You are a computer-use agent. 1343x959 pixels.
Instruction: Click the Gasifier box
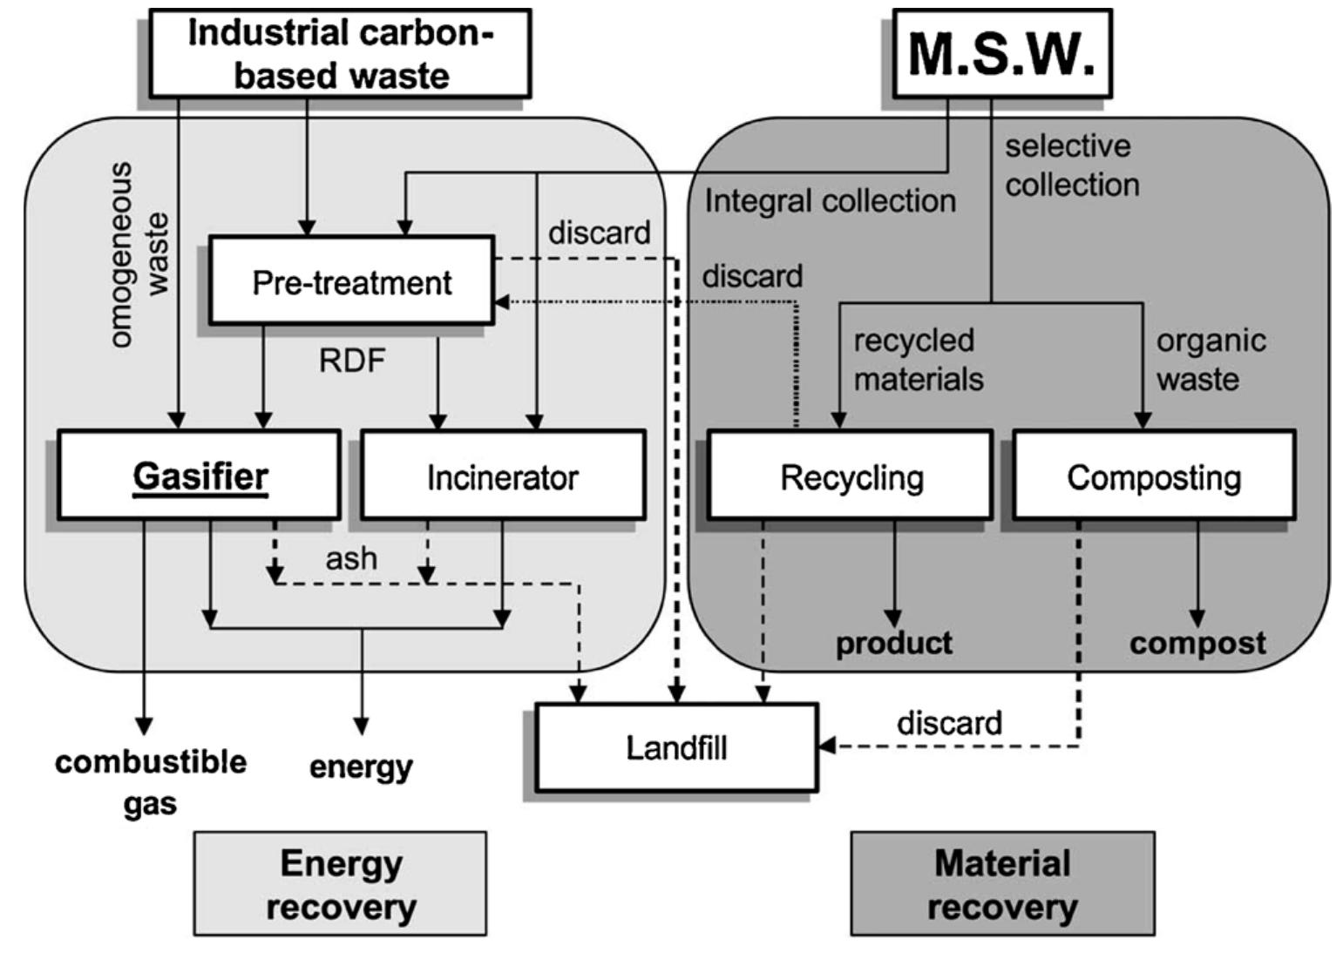click(199, 475)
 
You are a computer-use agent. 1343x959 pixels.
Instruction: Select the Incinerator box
click(503, 476)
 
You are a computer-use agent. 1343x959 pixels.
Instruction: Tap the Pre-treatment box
click(351, 281)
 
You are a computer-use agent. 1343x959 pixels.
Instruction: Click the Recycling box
click(851, 476)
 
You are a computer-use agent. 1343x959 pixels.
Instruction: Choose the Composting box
click(1153, 476)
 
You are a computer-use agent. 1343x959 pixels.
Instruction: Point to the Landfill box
click(676, 746)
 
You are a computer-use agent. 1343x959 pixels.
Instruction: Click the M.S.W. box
click(1002, 53)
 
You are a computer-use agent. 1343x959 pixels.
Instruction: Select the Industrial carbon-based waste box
click(340, 53)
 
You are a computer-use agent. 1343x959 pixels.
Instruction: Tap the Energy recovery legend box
click(340, 883)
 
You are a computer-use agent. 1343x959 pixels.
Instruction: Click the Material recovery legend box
click(1002, 883)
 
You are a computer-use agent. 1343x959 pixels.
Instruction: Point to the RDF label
click(352, 360)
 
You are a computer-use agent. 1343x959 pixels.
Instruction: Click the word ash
click(351, 558)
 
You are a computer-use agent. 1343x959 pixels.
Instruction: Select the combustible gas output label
click(150, 781)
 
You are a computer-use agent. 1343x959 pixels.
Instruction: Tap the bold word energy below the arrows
click(361, 767)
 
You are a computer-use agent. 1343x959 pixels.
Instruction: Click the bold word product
click(893, 643)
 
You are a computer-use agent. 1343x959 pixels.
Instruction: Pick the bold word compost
click(1197, 643)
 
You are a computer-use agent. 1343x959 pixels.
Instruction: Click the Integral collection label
click(830, 201)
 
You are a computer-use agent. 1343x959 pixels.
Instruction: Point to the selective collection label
click(1071, 165)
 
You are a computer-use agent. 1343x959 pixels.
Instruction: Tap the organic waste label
click(1210, 359)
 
